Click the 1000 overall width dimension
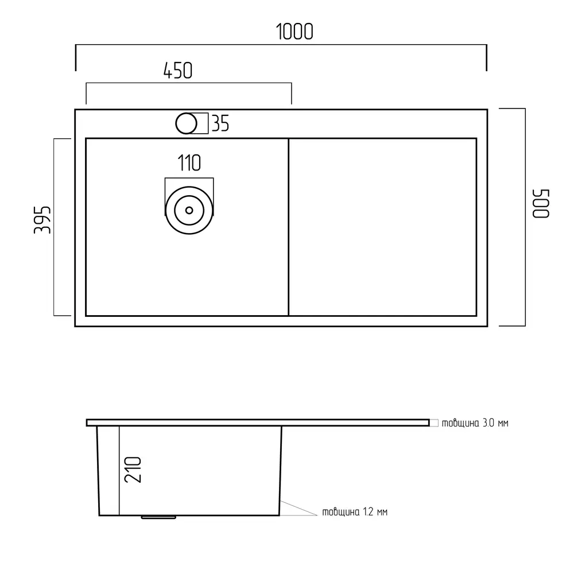pyautogui.click(x=294, y=32)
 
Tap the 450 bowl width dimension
pyautogui.click(x=177, y=71)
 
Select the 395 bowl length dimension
pyautogui.click(x=42, y=220)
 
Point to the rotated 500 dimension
pyautogui.click(x=541, y=204)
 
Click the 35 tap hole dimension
pyautogui.click(x=220, y=123)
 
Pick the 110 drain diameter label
pyautogui.click(x=189, y=163)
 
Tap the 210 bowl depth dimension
pyautogui.click(x=133, y=470)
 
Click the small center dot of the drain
pyautogui.click(x=189, y=210)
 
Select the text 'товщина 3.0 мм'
pyautogui.click(x=475, y=423)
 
